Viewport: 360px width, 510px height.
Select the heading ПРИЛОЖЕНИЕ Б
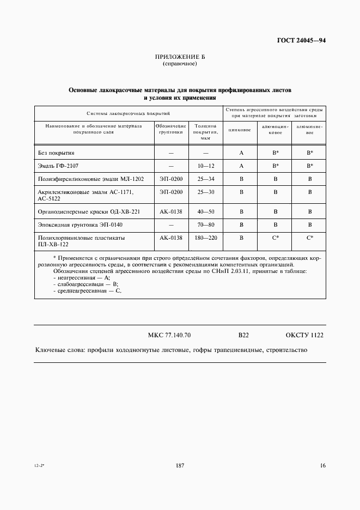180,57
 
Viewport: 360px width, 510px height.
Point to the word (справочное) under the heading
180,64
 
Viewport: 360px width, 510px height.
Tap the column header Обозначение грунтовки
171,129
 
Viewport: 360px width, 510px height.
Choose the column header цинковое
240,130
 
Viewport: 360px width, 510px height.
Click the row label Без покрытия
56,153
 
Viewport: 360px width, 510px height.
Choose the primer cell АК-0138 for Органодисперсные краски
171,211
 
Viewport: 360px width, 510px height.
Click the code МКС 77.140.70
169,335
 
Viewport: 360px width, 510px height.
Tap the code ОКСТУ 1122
304,335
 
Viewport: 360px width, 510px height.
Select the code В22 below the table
243,335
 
